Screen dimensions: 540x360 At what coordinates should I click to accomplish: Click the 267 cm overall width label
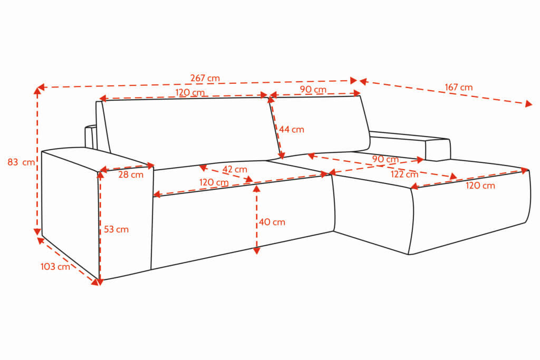point(205,78)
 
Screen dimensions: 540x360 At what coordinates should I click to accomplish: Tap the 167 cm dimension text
point(459,87)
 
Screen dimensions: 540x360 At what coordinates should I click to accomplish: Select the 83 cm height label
point(21,162)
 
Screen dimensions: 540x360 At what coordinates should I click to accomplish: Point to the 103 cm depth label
point(55,266)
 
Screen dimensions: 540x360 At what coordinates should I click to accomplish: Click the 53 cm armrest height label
point(116,229)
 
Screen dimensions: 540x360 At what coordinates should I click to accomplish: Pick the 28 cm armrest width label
point(131,174)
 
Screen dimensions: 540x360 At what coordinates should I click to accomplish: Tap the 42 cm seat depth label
point(235,169)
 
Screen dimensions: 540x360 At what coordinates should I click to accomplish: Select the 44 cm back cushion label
point(292,130)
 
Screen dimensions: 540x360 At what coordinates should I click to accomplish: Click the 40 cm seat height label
point(272,222)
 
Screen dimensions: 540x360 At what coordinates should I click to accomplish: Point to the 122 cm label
point(404,174)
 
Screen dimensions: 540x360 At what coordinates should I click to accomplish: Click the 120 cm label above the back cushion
point(190,92)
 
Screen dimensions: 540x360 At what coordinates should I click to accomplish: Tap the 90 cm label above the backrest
point(313,89)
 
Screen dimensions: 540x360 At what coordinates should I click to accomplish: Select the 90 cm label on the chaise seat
point(385,159)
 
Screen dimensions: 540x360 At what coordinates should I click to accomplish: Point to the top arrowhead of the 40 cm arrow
point(256,188)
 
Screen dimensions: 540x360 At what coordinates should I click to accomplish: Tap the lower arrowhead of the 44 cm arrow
point(282,155)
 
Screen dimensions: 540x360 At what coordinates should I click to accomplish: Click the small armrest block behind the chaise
point(438,149)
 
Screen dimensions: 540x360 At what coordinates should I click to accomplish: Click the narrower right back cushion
point(320,125)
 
